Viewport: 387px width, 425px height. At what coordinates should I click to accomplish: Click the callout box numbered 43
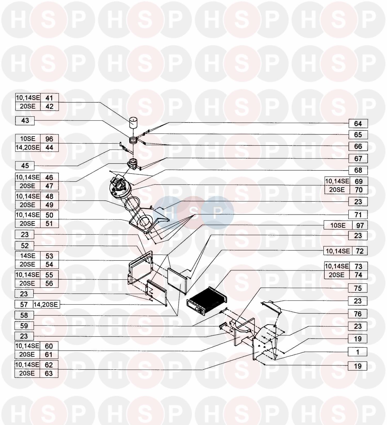(x=25, y=121)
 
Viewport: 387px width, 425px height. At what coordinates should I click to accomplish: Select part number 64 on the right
(x=358, y=124)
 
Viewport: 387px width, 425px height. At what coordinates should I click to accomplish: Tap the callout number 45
(x=25, y=166)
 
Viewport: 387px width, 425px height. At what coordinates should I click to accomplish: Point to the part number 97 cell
(x=360, y=225)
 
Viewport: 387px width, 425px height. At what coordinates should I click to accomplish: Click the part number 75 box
(x=358, y=288)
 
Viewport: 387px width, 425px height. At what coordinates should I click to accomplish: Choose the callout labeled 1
(x=358, y=352)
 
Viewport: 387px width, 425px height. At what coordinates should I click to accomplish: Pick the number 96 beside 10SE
(x=49, y=139)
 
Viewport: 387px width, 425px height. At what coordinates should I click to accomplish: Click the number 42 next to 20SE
(x=49, y=107)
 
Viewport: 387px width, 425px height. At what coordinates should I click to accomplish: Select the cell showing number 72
(x=359, y=251)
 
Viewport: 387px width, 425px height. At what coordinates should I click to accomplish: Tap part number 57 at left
(x=24, y=305)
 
